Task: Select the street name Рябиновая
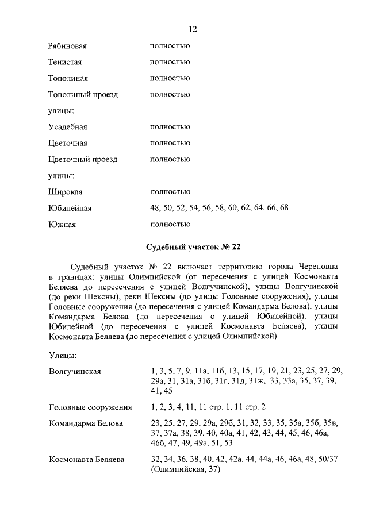(x=68, y=45)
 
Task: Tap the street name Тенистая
(x=64, y=61)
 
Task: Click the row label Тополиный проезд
(x=83, y=94)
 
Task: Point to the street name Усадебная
(x=68, y=127)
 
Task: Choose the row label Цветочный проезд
(x=83, y=159)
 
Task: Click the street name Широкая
(x=66, y=192)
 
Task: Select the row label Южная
(x=62, y=224)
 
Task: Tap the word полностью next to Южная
(x=170, y=224)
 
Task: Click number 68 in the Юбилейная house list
(x=284, y=208)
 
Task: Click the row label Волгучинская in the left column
(x=75, y=372)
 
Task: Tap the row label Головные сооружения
(x=90, y=407)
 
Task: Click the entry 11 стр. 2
(x=251, y=407)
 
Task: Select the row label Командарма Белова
(x=86, y=424)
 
